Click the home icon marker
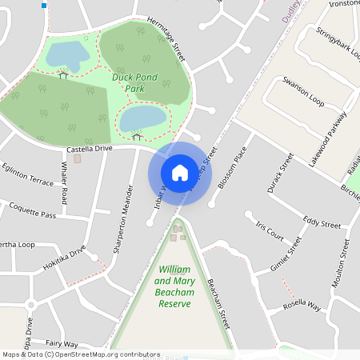180,172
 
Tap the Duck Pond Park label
134,83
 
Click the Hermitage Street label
166,40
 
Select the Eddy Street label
322,220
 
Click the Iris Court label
270,231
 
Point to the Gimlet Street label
290,254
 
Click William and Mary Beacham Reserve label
174,287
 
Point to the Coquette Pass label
32,214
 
